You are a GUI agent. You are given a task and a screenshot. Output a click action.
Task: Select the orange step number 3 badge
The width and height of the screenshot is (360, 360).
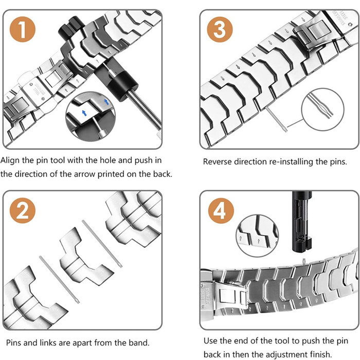220,30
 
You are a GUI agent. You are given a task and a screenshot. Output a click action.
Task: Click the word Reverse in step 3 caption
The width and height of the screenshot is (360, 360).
218,161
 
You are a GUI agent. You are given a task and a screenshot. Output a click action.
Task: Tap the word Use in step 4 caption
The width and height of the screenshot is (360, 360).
211,340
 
